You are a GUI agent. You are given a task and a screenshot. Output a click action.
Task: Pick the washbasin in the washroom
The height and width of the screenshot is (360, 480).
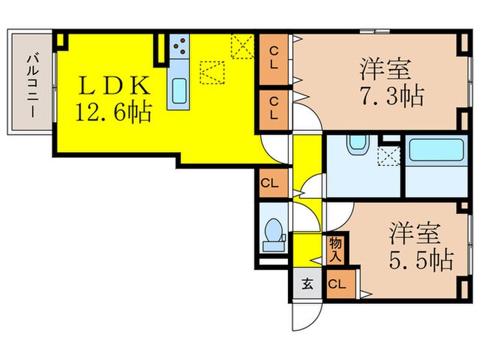[357, 144]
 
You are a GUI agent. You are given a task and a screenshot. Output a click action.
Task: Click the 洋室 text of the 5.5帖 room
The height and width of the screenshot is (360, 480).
[414, 233]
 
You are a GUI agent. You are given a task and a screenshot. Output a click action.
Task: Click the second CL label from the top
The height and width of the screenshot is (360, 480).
[274, 109]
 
